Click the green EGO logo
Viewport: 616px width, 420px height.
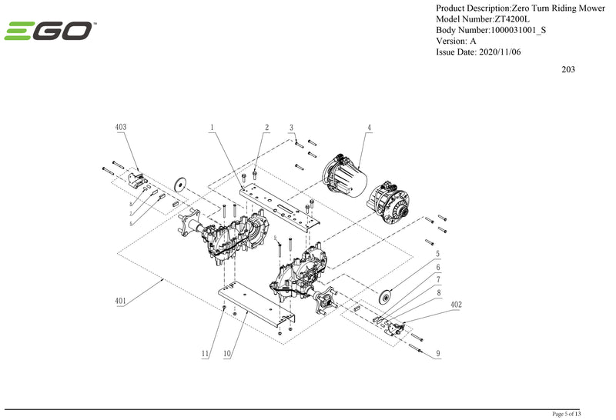pos(49,32)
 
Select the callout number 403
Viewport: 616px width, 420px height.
pos(121,127)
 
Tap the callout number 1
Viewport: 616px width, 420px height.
pos(211,127)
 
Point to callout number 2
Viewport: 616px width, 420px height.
pos(266,127)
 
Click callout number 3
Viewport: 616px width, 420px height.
pos(292,127)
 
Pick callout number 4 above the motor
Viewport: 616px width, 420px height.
pos(370,127)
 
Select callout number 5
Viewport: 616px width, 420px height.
pos(438,253)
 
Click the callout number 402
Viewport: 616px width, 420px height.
pos(457,305)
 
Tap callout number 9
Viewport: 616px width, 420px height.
pos(438,354)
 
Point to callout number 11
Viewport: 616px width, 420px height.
pos(206,354)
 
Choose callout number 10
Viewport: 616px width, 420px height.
pos(227,354)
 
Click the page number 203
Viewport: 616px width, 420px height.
pos(568,69)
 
